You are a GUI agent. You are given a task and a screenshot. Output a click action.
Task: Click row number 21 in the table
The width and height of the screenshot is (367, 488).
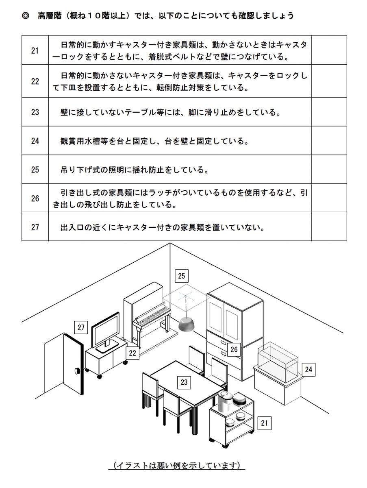35,50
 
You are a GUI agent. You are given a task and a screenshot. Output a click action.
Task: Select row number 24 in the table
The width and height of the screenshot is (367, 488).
35,141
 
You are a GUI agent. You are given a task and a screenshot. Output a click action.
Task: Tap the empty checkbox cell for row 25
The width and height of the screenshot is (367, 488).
329,169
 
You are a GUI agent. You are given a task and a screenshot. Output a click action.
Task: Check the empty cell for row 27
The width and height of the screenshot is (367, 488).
329,227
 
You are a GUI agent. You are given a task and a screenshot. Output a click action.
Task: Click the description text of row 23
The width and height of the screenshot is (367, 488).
171,112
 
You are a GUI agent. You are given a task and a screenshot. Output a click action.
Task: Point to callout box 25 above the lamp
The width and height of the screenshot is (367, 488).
181,276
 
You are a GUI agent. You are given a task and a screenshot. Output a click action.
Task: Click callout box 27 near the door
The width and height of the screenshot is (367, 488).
81,327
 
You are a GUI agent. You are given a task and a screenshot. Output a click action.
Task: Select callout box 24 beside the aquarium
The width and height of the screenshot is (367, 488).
308,369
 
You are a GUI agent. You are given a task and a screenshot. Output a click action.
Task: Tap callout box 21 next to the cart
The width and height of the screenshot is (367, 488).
264,423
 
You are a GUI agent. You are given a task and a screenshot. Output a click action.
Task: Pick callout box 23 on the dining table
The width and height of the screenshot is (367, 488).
184,382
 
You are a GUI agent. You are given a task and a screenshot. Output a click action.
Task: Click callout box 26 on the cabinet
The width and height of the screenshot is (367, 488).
234,349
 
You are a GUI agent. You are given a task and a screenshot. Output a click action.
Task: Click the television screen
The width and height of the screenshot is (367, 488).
105,330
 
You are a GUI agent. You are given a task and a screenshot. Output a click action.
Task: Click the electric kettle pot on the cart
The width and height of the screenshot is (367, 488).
224,402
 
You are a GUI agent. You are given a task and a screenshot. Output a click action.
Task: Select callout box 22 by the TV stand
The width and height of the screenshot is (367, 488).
132,353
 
